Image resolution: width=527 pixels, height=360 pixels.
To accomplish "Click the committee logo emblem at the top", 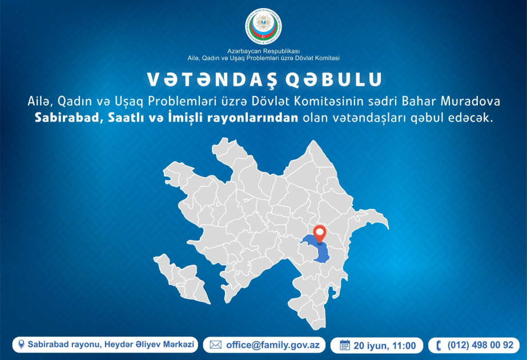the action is click(x=264, y=26).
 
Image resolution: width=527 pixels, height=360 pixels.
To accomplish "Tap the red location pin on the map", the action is click(x=320, y=234).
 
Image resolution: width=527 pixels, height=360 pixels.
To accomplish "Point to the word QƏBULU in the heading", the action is click(x=334, y=79).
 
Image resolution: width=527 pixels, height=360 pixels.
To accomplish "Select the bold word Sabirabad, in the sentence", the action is click(x=69, y=118).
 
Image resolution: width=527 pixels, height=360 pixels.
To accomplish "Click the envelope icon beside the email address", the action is click(x=215, y=345).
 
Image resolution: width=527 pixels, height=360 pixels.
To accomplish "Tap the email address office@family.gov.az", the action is click(x=272, y=345).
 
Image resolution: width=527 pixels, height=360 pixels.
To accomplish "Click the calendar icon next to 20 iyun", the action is click(x=344, y=345).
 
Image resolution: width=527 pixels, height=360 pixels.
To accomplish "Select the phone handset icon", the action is click(x=439, y=346).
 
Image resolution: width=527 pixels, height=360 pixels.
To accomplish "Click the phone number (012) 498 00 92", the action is click(x=480, y=345).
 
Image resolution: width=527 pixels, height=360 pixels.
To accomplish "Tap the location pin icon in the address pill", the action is click(x=21, y=344).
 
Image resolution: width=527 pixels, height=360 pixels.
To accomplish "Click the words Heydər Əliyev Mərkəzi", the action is click(x=149, y=345).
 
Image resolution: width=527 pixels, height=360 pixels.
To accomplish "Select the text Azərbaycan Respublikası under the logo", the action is click(x=264, y=51).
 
